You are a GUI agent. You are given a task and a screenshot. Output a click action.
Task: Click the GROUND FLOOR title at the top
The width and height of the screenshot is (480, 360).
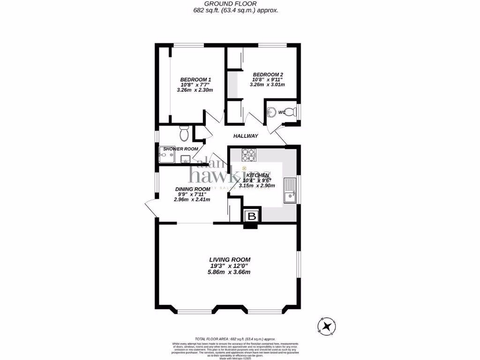click(240, 3)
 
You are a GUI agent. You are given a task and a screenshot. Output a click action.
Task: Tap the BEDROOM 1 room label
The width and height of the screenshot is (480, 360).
click(195, 79)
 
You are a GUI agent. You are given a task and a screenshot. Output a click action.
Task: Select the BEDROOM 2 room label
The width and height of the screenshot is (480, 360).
click(268, 75)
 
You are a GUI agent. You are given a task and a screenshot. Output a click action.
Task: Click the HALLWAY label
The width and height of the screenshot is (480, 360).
click(246, 136)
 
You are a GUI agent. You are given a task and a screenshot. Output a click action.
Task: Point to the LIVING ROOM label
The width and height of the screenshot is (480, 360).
click(230, 259)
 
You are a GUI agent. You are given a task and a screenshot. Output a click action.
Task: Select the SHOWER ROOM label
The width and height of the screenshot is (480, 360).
click(180, 149)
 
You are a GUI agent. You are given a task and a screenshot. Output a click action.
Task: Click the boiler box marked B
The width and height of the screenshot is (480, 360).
click(252, 216)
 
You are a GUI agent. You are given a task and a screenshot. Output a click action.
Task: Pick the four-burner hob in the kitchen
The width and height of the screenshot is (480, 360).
click(248, 155)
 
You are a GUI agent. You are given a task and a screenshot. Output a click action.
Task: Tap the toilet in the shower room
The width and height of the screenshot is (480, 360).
click(184, 134)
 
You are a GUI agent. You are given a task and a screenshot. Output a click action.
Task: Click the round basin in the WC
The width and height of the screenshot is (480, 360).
click(272, 112)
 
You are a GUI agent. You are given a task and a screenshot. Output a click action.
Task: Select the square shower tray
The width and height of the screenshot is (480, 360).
click(166, 156)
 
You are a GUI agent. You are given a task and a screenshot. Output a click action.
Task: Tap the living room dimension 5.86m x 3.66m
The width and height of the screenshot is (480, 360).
click(230, 272)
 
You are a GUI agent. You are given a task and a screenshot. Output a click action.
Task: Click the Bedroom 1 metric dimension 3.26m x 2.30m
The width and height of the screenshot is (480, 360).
click(195, 90)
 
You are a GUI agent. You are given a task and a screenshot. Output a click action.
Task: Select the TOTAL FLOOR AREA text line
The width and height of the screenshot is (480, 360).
click(235, 339)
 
